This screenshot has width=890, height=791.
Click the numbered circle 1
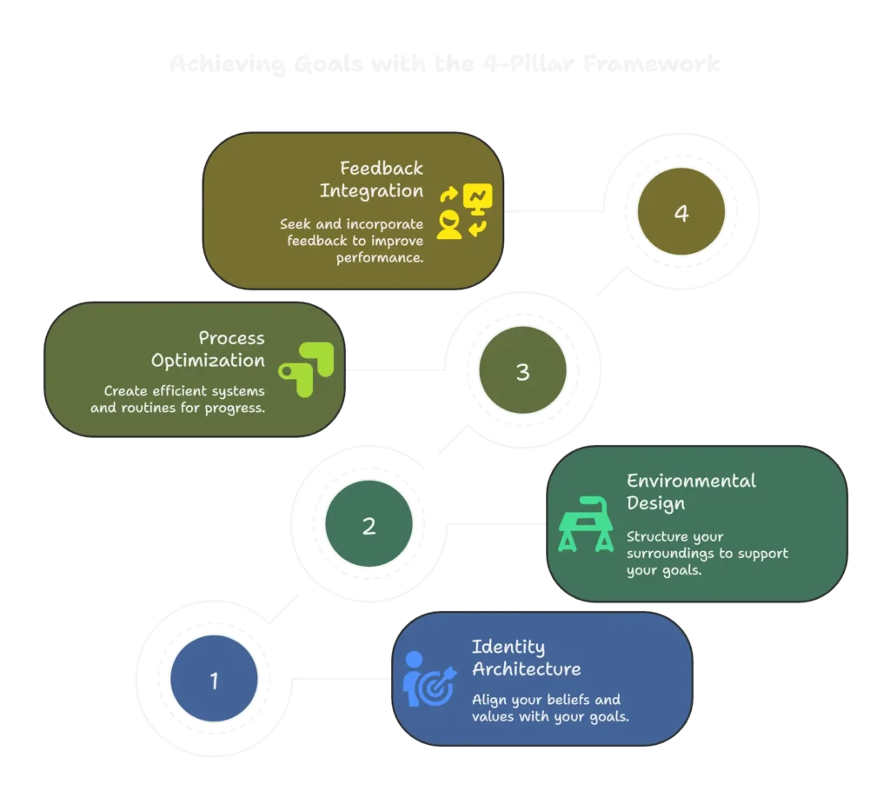click(x=214, y=680)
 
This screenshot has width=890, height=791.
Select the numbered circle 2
click(x=369, y=525)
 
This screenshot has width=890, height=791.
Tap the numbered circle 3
click(x=522, y=371)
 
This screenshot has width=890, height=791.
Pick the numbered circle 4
click(x=681, y=213)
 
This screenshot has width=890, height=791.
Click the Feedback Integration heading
click(x=372, y=179)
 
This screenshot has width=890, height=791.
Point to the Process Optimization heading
click(x=209, y=349)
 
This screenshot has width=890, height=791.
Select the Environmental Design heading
click(x=691, y=491)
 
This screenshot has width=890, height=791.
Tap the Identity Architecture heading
click(x=526, y=658)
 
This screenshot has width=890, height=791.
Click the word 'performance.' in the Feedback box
click(x=380, y=258)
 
